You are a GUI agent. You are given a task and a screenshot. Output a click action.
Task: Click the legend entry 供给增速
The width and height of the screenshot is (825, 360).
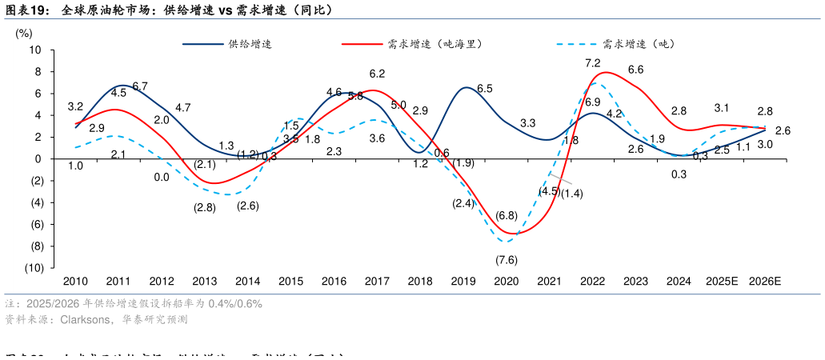coord(249,44)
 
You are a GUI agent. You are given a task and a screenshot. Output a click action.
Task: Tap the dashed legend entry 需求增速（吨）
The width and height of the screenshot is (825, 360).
coord(637,44)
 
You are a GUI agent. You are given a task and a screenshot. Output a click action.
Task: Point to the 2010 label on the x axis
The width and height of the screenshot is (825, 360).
coord(75,282)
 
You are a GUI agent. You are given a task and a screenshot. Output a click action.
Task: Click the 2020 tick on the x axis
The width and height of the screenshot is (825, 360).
coord(506,282)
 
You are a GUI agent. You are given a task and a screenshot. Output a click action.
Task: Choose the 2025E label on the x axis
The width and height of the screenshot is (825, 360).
coord(722,282)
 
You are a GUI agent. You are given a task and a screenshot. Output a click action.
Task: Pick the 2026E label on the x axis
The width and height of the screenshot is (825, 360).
coord(765,282)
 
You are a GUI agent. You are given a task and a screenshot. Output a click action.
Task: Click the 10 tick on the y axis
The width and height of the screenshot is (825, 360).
coord(36,50)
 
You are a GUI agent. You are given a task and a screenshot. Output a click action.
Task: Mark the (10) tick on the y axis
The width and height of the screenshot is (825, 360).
coord(34,268)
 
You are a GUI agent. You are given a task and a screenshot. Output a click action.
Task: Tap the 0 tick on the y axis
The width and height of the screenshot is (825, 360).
coord(39,159)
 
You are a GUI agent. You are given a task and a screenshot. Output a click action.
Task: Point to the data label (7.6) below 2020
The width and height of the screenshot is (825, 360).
coord(506,259)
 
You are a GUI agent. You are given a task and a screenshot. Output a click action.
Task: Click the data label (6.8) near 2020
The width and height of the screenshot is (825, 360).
coord(506,215)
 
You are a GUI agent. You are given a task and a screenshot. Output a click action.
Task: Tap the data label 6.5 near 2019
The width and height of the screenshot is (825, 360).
coord(484,88)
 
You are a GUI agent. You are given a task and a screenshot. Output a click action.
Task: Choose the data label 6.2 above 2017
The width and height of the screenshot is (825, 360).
coord(378,74)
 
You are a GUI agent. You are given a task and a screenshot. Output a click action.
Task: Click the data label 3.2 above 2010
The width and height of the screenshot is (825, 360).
coord(76,106)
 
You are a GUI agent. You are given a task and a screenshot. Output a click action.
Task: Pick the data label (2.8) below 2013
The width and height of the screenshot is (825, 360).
coord(205,208)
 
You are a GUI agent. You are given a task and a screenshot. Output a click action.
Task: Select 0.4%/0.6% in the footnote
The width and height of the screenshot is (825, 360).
coord(235,304)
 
